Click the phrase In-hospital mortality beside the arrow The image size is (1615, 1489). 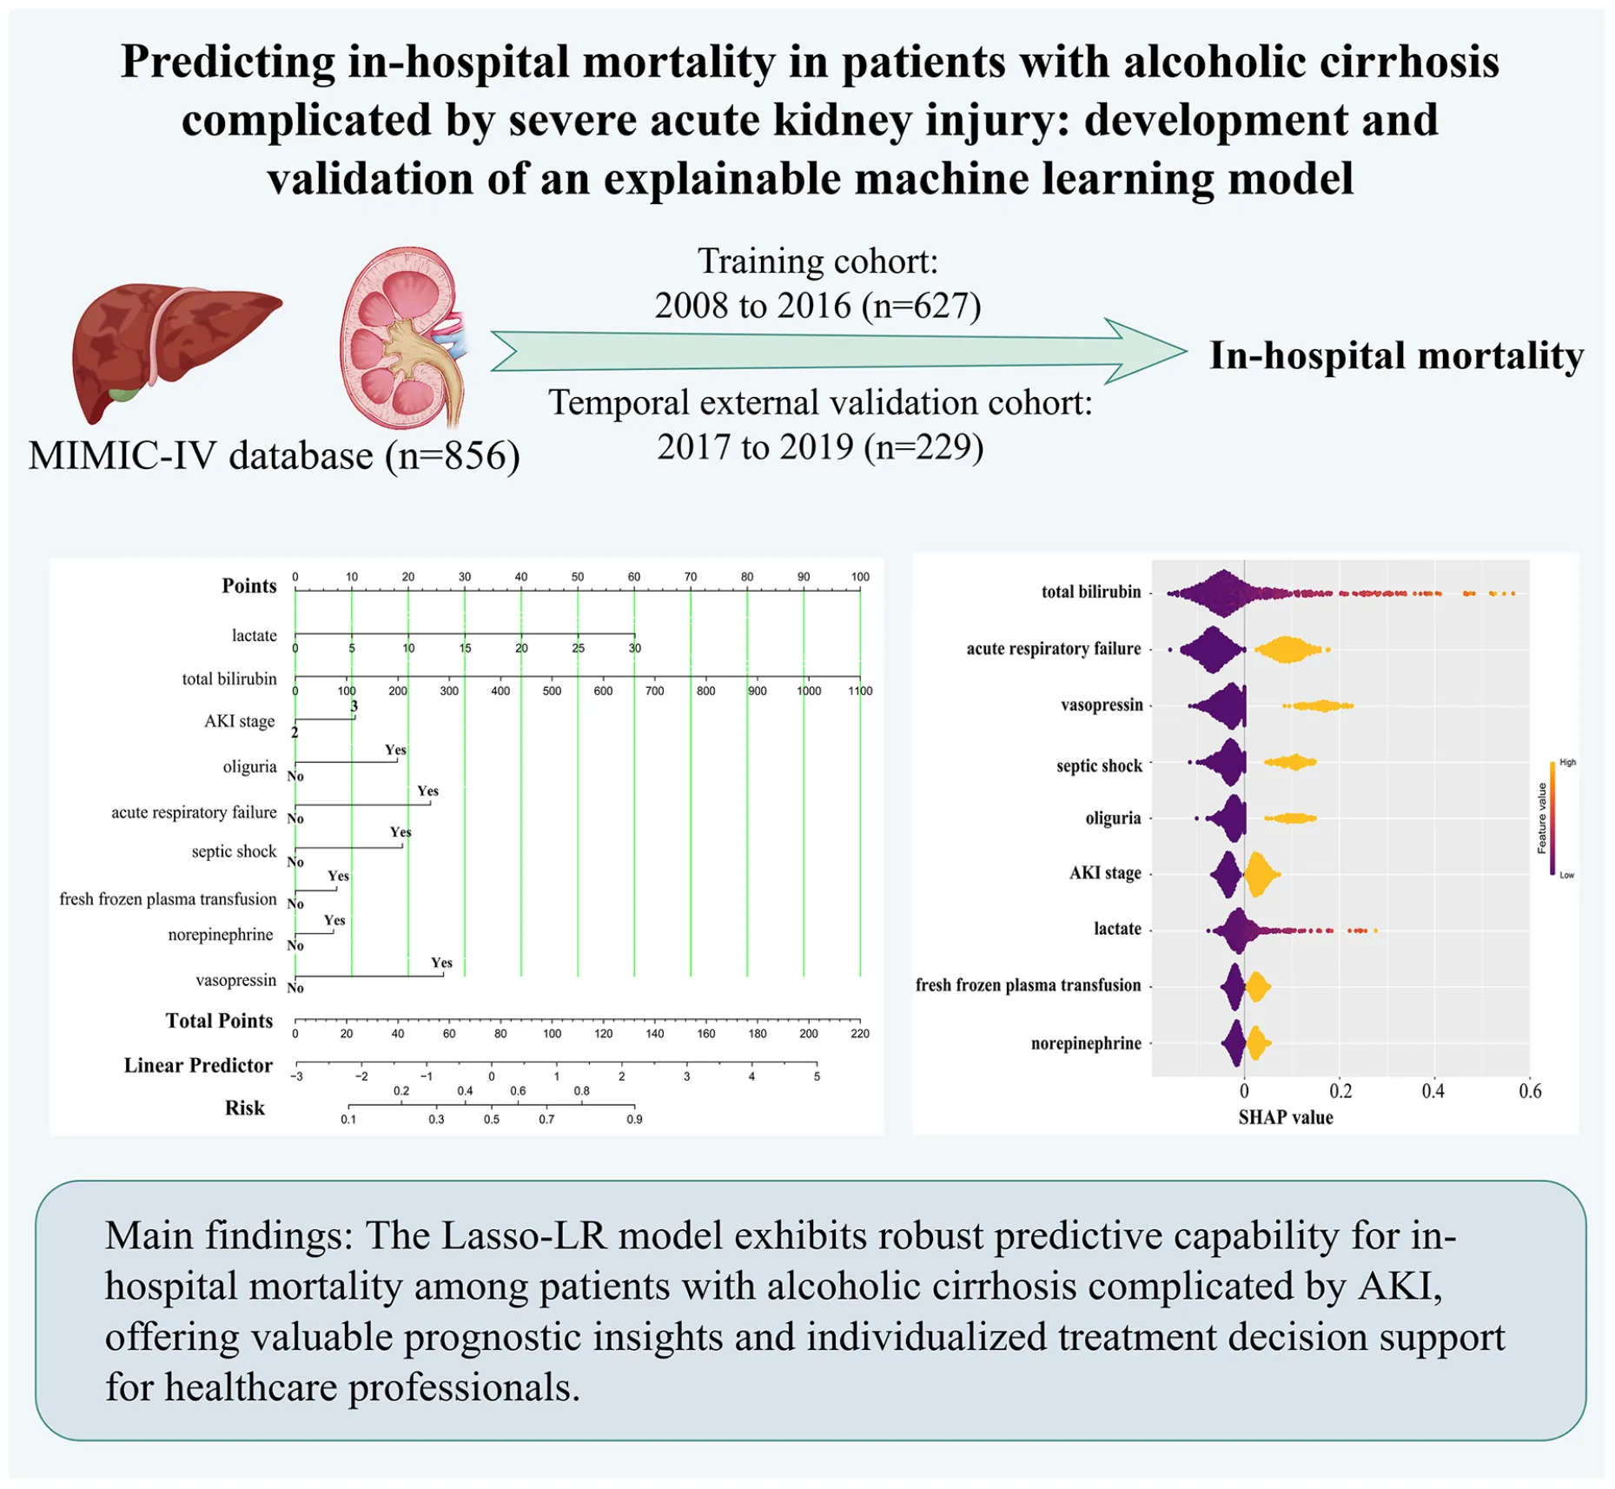pyautogui.click(x=1396, y=356)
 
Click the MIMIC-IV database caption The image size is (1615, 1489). pyautogui.click(x=274, y=456)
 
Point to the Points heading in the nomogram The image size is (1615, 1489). pyautogui.click(x=248, y=586)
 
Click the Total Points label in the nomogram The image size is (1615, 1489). pyautogui.click(x=219, y=1021)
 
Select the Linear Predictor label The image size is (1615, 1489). pyautogui.click(x=198, y=1065)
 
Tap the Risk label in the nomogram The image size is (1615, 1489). pyautogui.click(x=244, y=1108)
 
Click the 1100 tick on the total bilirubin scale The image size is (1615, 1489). pyautogui.click(x=860, y=691)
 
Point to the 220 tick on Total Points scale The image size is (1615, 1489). pyautogui.click(x=860, y=1033)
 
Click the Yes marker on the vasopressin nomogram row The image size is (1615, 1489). pyautogui.click(x=441, y=963)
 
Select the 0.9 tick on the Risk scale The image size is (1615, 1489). pyautogui.click(x=634, y=1119)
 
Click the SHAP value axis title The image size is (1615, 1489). pyautogui.click(x=1285, y=1117)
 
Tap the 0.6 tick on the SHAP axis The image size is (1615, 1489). pyautogui.click(x=1530, y=1091)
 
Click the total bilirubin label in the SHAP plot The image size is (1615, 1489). pyautogui.click(x=1091, y=592)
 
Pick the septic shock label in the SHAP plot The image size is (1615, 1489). pyautogui.click(x=1099, y=765)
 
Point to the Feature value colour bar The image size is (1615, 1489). pyautogui.click(x=1552, y=818)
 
